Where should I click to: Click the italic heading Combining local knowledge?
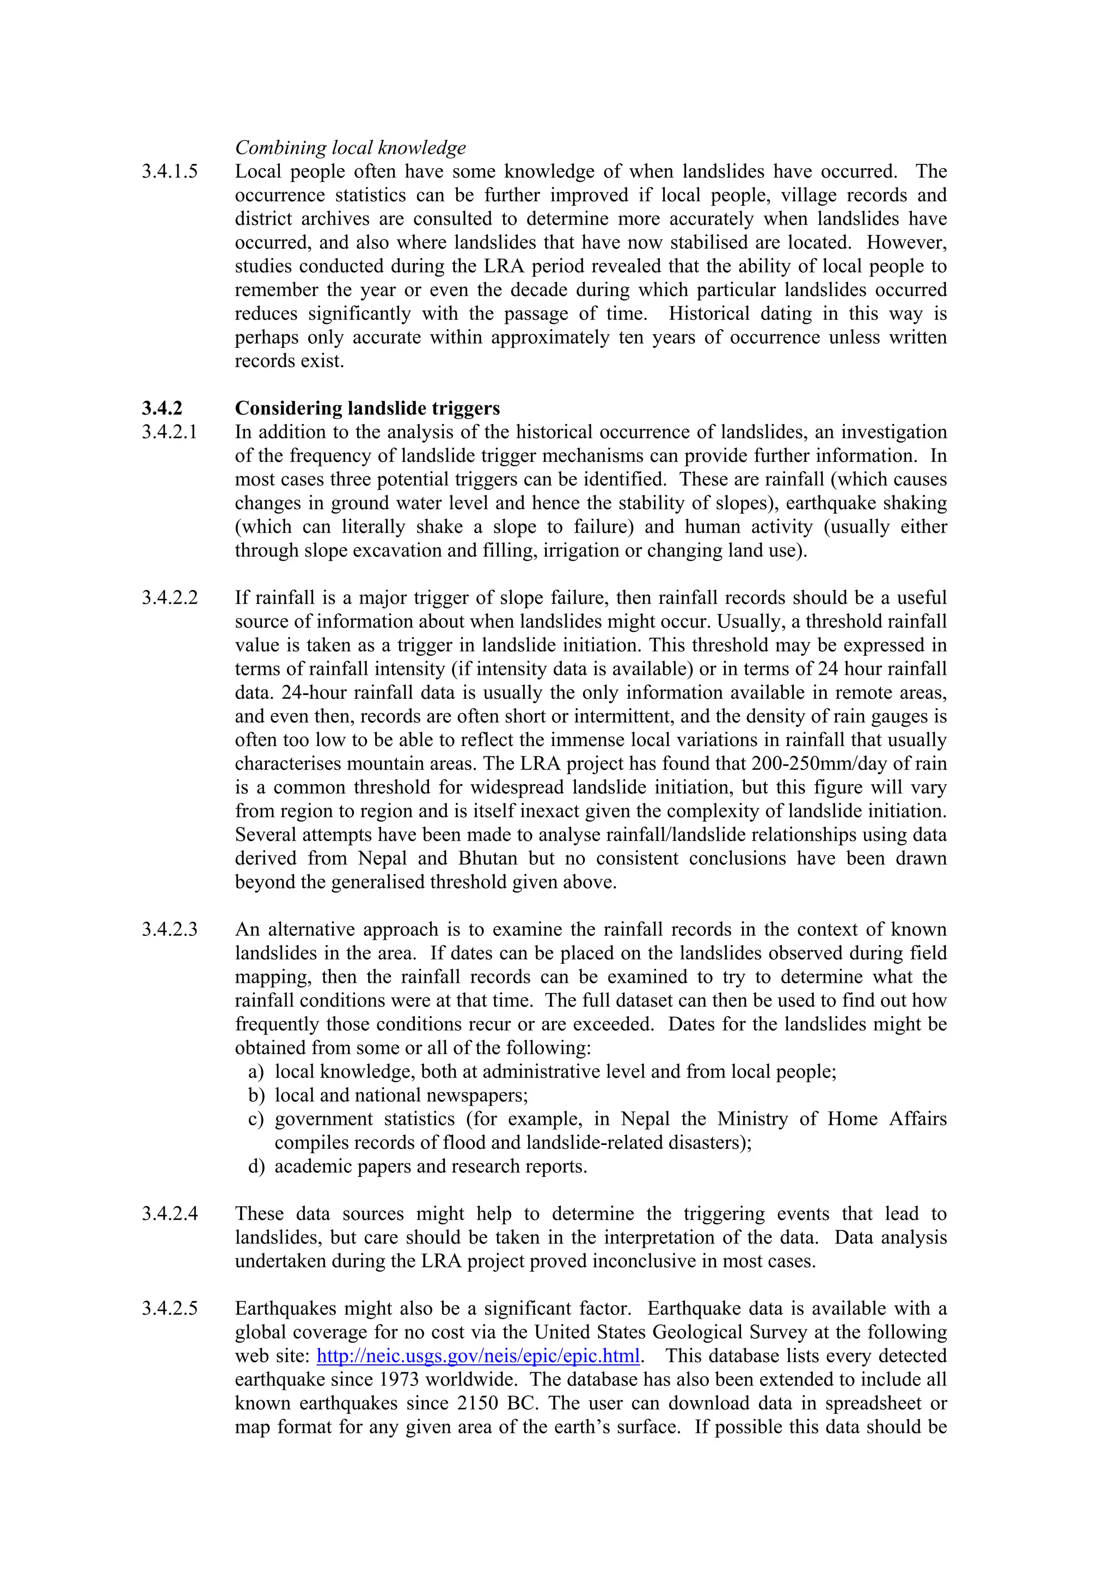[x=351, y=147]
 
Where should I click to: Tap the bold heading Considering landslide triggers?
[x=367, y=408]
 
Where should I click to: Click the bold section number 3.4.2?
[x=162, y=408]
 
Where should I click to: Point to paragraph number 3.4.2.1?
[x=170, y=432]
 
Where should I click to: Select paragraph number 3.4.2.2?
[x=170, y=597]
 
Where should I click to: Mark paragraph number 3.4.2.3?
[x=170, y=929]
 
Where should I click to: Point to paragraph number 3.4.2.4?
[x=170, y=1213]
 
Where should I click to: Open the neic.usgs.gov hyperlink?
[x=478, y=1356]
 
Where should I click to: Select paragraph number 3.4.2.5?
[x=170, y=1308]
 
